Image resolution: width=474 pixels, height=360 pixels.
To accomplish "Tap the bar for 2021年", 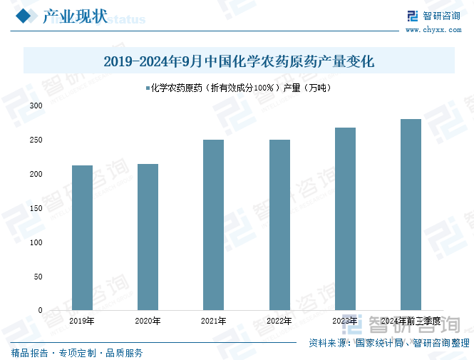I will [213, 225].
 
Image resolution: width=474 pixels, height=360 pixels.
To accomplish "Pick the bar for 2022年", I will [279, 225].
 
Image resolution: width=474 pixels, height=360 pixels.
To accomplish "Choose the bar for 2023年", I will [345, 219].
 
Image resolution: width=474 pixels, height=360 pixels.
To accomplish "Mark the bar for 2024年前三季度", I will [411, 215].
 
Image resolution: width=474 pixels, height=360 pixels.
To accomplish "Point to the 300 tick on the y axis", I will [36, 106].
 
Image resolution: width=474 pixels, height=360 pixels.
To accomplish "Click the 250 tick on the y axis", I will [36, 140].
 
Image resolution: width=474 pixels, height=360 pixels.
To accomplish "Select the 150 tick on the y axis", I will [36, 208].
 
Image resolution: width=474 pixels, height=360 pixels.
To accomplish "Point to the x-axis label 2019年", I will [82, 322].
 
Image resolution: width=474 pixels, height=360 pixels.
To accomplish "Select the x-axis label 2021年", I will [213, 322].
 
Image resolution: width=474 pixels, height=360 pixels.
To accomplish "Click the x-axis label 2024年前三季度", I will [411, 322].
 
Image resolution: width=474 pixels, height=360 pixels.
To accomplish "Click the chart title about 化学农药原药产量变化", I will [239, 61].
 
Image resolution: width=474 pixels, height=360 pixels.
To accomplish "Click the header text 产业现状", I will [75, 16].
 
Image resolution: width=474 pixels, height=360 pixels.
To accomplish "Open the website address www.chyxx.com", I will [425, 30].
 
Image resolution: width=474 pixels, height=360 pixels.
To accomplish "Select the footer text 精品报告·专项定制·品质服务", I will [77, 352].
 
